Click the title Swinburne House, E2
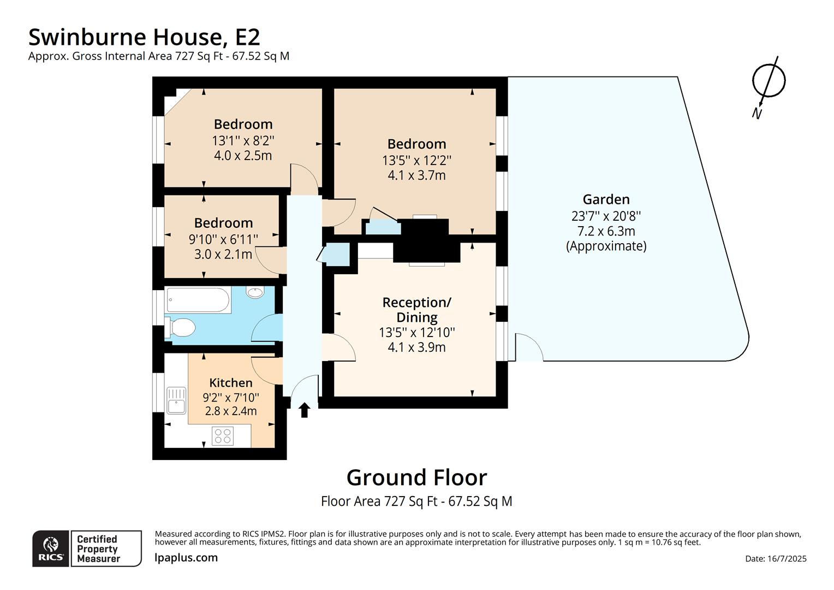click(144, 37)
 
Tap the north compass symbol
click(768, 82)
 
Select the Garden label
click(606, 199)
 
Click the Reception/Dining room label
click(416, 310)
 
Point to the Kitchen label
click(231, 383)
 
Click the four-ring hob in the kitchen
click(223, 435)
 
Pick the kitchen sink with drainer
click(176, 400)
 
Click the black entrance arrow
click(305, 410)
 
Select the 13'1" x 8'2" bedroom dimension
click(243, 140)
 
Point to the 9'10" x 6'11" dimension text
click(223, 239)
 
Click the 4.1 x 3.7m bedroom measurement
click(416, 175)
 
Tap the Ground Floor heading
click(416, 477)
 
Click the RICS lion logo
click(51, 548)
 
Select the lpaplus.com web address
click(186, 558)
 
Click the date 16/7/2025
click(775, 558)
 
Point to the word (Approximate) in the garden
click(606, 246)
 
